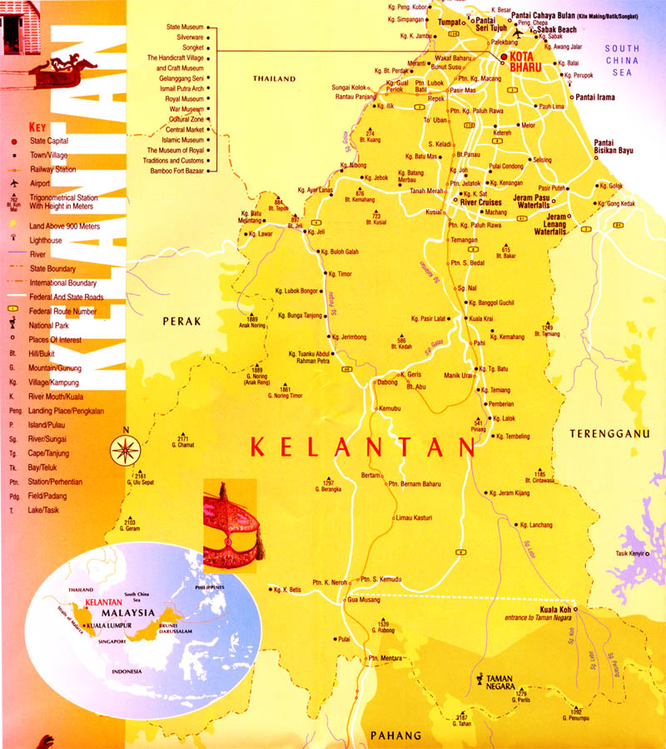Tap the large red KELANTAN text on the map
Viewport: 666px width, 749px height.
(x=362, y=447)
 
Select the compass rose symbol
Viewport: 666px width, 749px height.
(x=125, y=449)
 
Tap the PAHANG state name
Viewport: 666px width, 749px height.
(x=397, y=736)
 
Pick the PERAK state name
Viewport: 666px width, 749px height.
(x=182, y=321)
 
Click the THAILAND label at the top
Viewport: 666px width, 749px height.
(x=275, y=78)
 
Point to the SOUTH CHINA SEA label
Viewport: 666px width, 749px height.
(x=622, y=61)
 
